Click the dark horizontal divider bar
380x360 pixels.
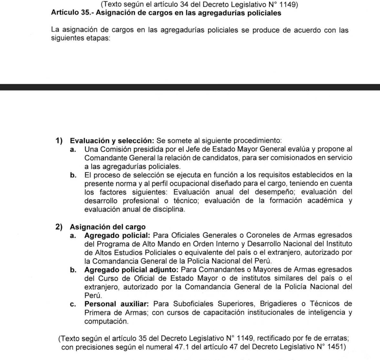pyautogui.click(x=190, y=87)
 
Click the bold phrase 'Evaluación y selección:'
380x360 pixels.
pyautogui.click(x=112, y=141)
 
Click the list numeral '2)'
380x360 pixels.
pyautogui.click(x=59, y=227)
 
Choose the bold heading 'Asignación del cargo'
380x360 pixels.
pyautogui.click(x=108, y=227)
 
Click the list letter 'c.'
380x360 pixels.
pyautogui.click(x=73, y=304)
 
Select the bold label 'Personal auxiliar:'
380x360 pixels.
pyautogui.click(x=117, y=304)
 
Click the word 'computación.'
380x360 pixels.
pyautogui.click(x=106, y=321)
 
